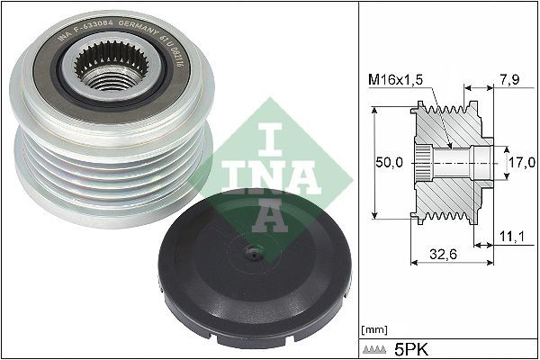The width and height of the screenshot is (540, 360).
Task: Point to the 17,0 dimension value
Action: click(519, 163)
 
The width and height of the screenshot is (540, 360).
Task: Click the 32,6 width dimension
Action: click(441, 255)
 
